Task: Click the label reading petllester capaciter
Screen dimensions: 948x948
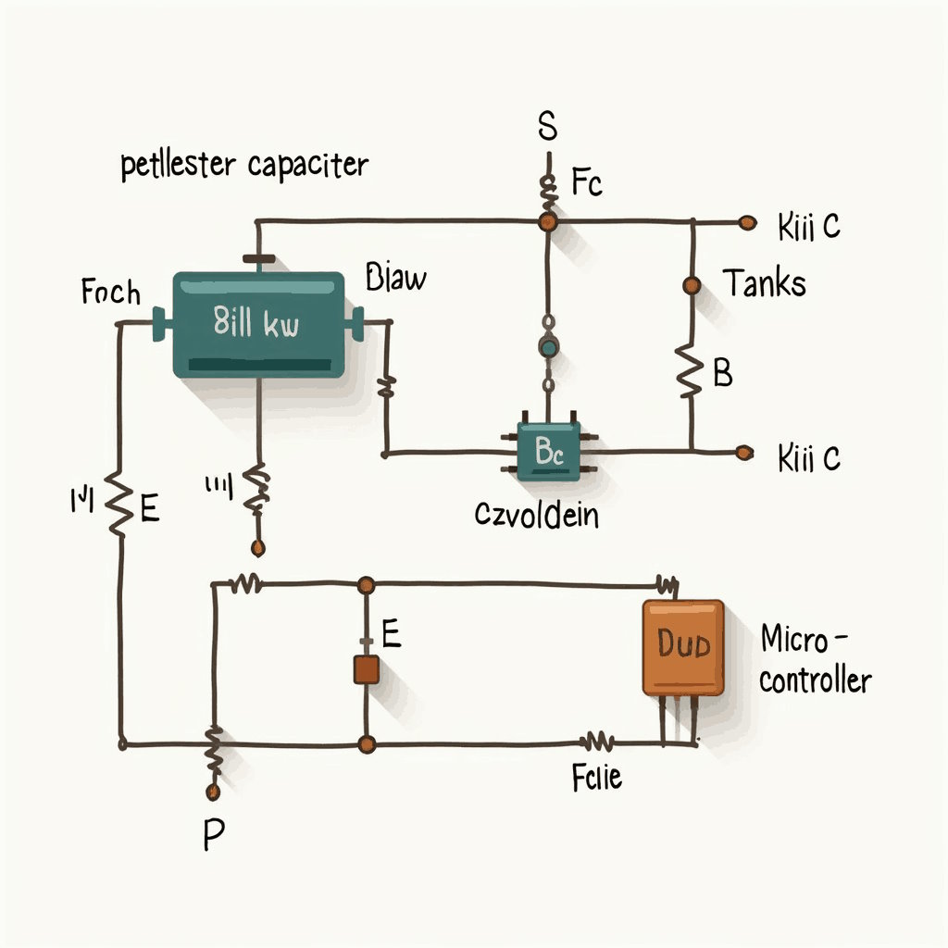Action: click(244, 167)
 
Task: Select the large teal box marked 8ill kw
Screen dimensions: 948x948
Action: click(258, 324)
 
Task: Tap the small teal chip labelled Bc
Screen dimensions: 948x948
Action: click(549, 451)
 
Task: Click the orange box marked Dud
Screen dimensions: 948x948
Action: click(683, 646)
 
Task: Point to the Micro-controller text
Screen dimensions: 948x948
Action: click(815, 659)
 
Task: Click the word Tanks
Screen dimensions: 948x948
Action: click(764, 282)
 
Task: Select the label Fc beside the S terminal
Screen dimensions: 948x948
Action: click(586, 183)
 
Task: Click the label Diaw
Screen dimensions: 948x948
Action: click(396, 277)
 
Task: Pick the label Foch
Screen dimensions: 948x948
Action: click(111, 293)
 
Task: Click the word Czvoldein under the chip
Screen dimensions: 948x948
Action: click(536, 514)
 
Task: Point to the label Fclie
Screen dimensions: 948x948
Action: click(597, 778)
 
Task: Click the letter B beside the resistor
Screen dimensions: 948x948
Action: click(723, 373)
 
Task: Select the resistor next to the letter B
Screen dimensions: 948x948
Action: click(690, 370)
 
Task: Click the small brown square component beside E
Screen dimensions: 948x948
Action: click(366, 669)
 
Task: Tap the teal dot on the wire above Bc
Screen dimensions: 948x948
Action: click(548, 347)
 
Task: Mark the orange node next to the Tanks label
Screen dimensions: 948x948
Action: click(691, 285)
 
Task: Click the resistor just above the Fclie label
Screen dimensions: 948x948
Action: click(597, 742)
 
